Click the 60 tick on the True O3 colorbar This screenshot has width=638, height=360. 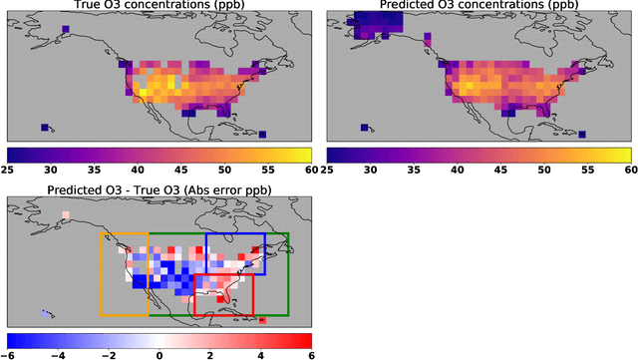coord(310,171)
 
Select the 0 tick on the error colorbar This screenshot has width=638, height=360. coord(159,355)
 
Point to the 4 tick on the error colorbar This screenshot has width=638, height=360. coord(260,355)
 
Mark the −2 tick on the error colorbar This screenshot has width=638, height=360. coord(110,355)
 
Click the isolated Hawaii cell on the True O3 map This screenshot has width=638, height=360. coord(44,128)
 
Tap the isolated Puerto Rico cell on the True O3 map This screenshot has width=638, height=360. coord(262,135)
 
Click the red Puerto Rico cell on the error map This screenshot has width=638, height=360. coord(262,320)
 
